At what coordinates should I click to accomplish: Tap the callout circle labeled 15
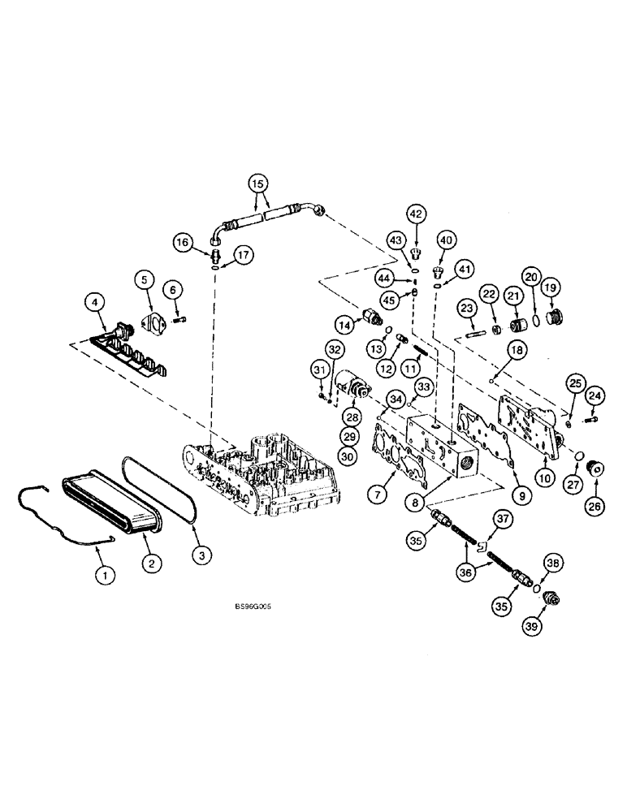click(257, 184)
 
